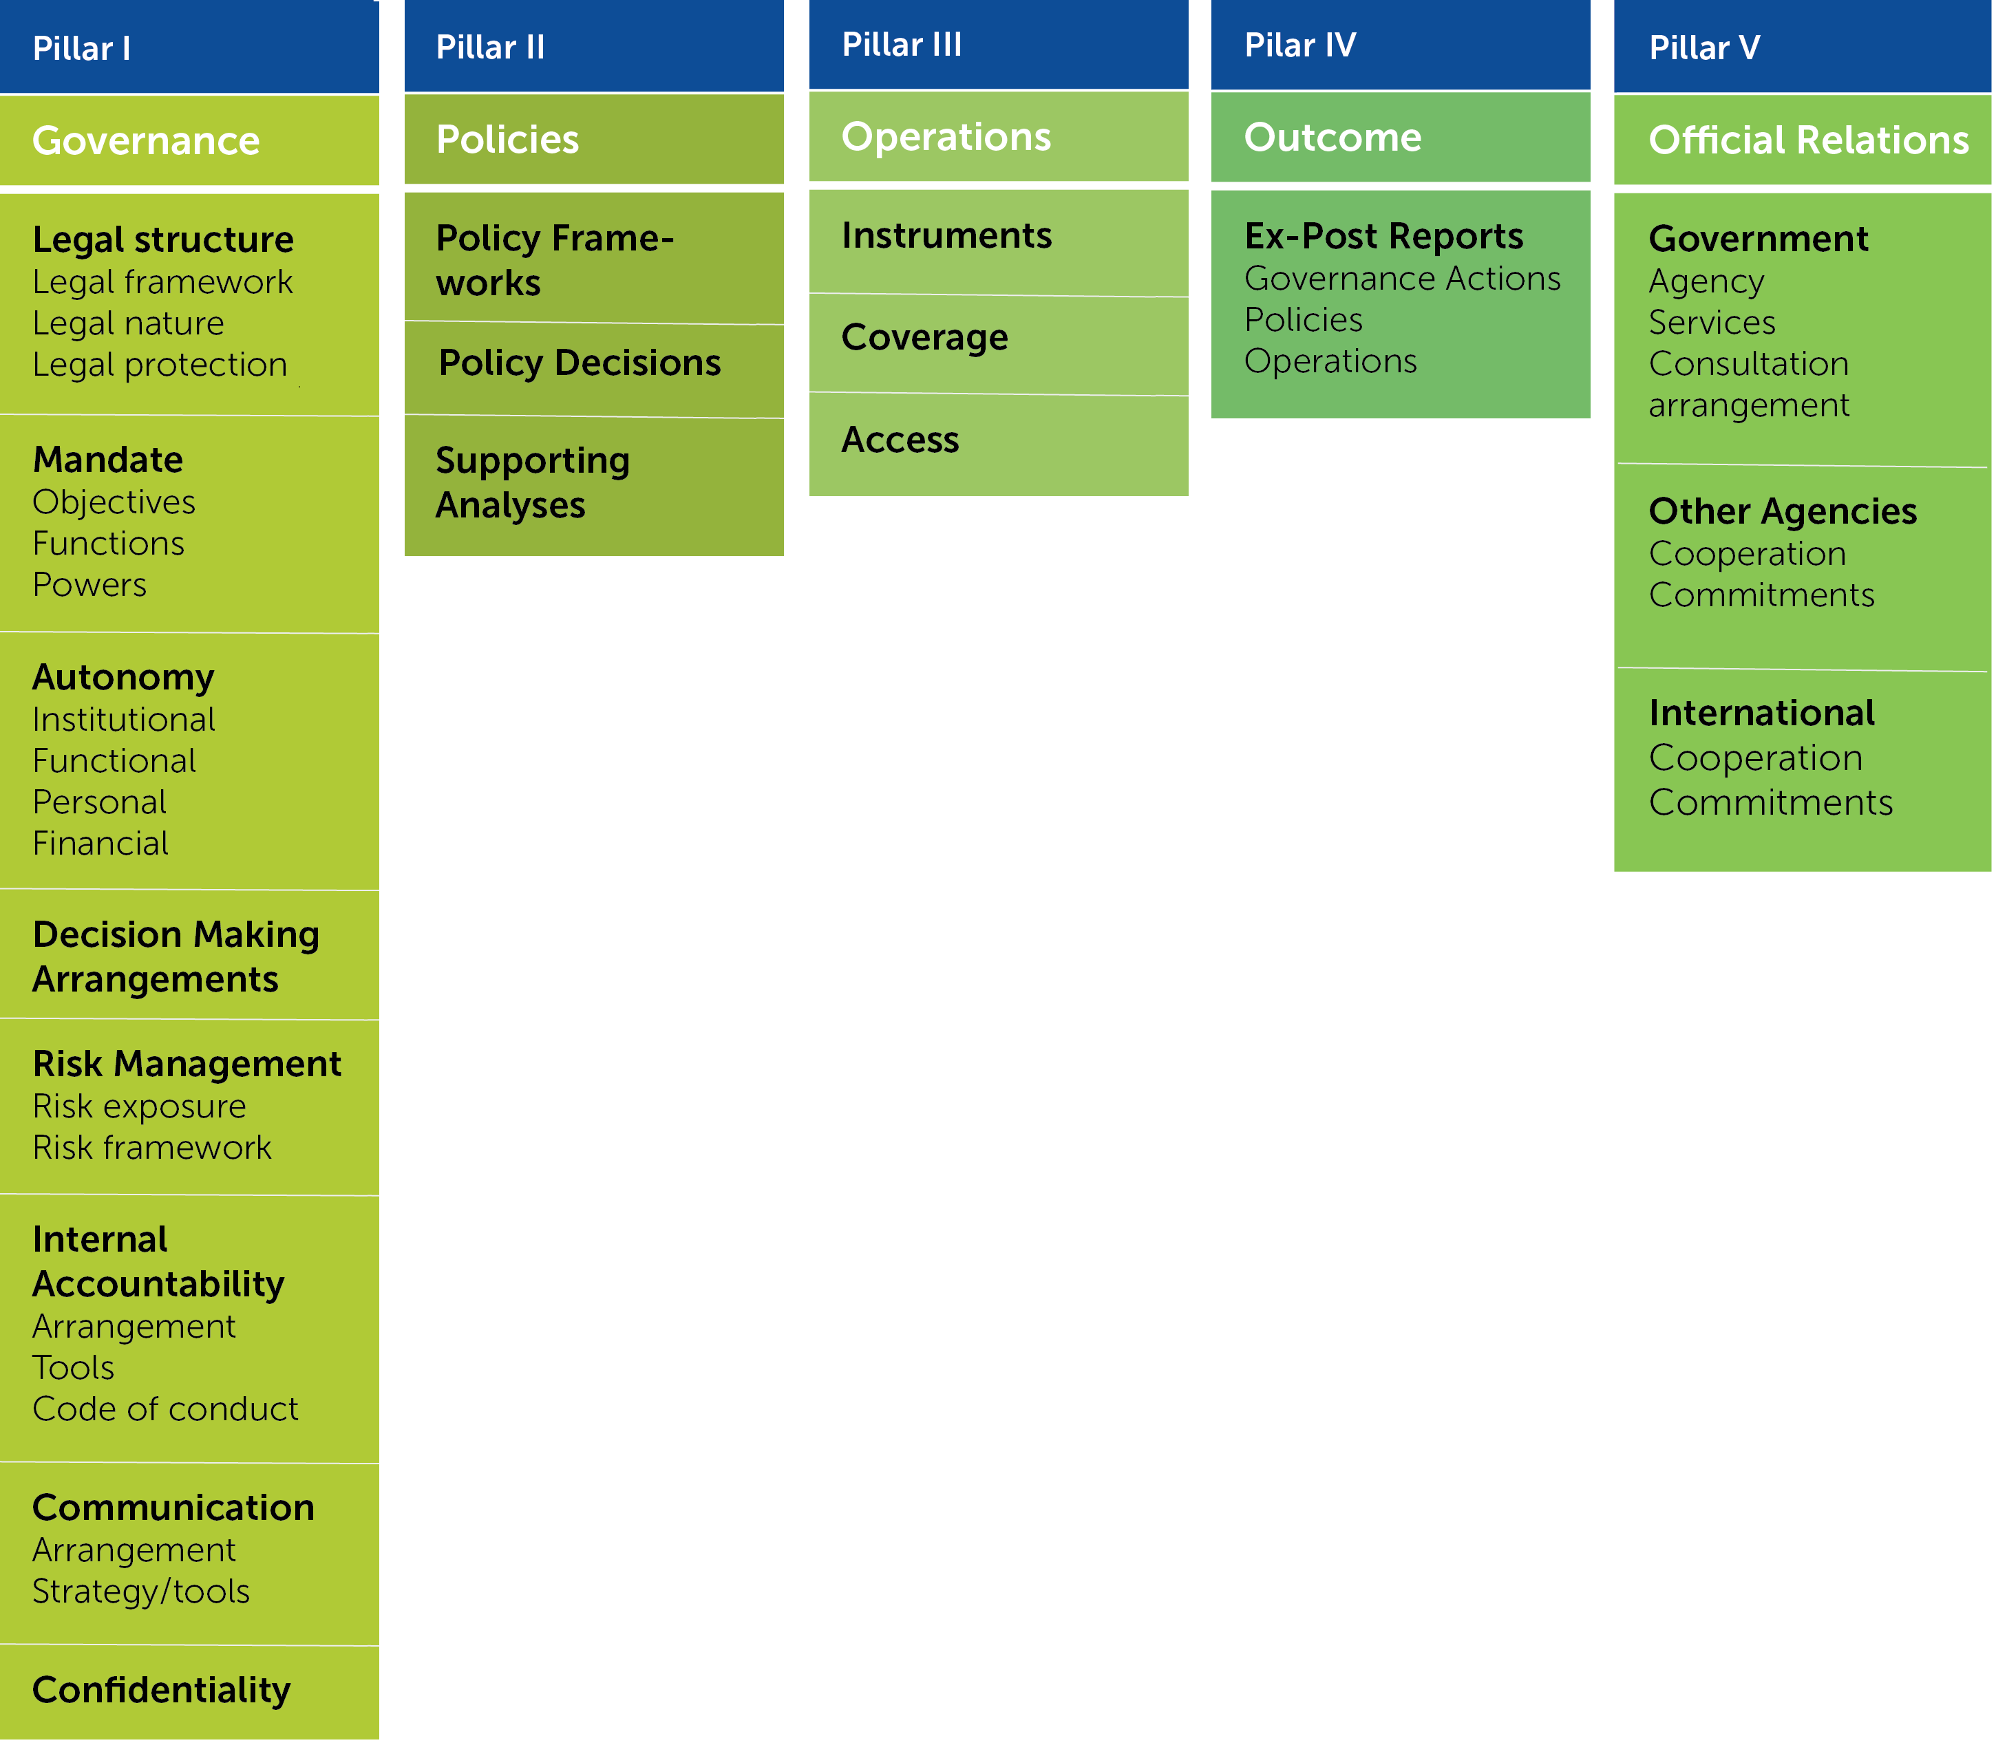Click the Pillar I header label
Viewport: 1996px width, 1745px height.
click(82, 49)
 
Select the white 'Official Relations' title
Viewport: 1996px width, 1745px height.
click(1808, 140)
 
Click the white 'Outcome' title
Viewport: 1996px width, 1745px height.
click(1333, 138)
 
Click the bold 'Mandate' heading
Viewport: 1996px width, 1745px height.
click(108, 459)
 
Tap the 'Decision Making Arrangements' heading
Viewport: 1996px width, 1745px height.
click(176, 956)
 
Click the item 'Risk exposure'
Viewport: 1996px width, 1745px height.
click(139, 1106)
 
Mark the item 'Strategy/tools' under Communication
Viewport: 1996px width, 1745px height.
click(141, 1590)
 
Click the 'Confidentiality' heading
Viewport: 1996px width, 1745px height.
click(162, 1691)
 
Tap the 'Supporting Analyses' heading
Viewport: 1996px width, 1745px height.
click(533, 482)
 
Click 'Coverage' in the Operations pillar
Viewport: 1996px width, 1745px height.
click(924, 338)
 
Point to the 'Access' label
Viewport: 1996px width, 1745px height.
click(900, 440)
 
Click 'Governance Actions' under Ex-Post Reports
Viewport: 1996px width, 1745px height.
click(1403, 279)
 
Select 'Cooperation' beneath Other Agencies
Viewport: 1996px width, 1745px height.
click(1748, 553)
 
